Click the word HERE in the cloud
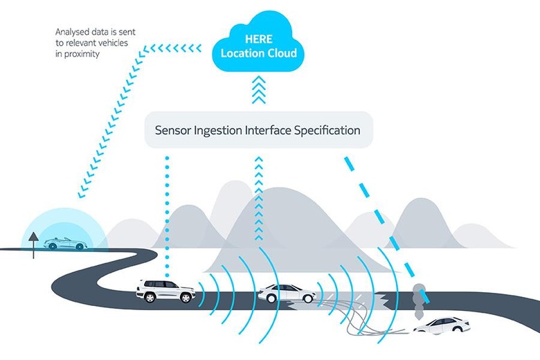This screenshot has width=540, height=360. [258, 39]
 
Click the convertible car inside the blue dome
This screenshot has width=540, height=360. [64, 244]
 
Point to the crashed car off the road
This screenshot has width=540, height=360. [441, 325]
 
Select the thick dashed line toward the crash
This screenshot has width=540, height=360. [388, 228]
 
